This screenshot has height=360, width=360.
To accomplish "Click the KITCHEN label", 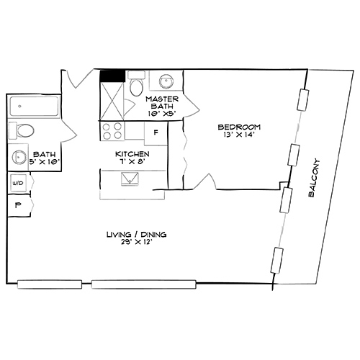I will [132, 154].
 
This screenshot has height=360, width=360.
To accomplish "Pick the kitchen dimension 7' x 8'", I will [132, 163].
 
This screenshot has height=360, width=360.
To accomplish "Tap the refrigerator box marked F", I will [156, 132].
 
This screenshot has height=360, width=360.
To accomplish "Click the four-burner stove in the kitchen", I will [112, 131].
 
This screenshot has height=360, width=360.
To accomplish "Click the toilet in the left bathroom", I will [23, 131].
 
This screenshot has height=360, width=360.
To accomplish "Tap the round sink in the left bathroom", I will [17, 156].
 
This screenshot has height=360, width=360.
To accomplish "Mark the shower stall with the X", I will [112, 100].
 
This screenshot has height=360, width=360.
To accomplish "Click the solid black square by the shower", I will [112, 74].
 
